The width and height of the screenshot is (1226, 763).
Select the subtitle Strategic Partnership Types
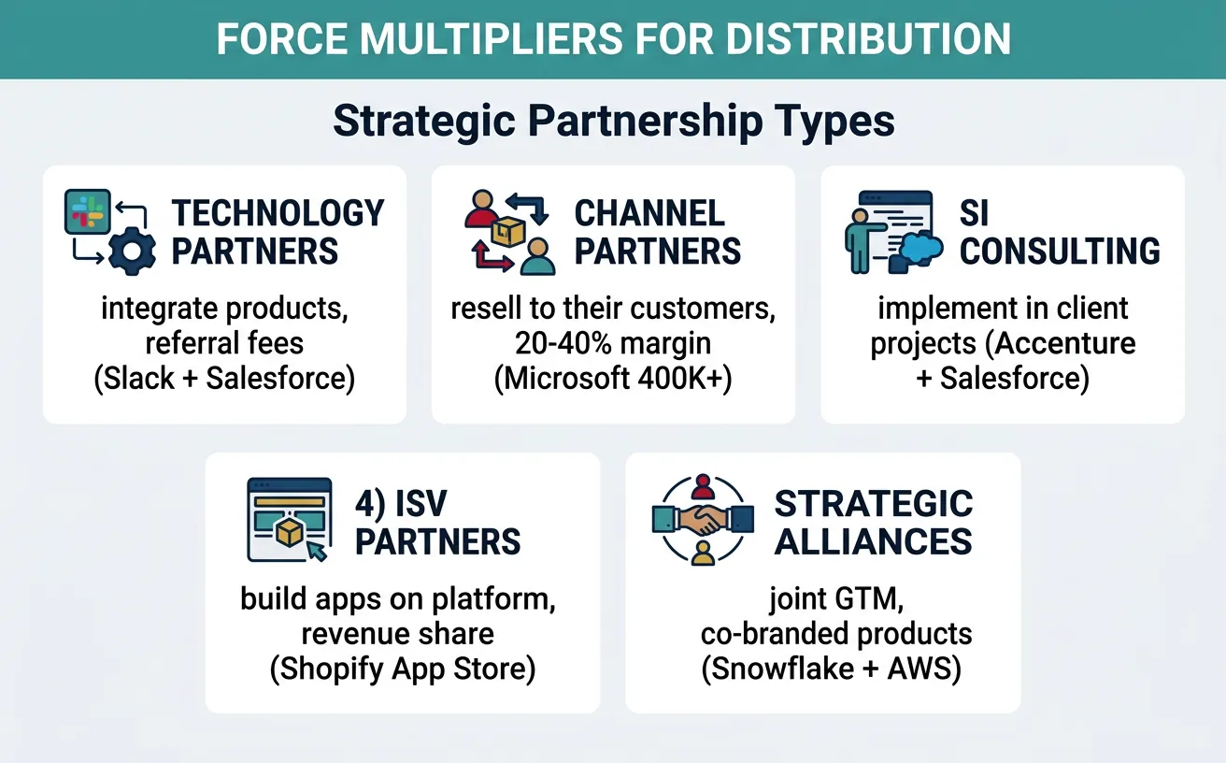613,122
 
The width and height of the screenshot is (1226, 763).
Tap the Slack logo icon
87,212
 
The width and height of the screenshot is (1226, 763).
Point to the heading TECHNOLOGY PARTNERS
278,232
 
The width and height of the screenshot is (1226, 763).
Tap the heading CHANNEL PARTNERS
657,232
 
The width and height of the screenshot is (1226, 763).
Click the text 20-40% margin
612,344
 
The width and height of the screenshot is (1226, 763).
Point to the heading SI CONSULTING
1060,232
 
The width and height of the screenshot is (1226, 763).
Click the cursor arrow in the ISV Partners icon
316,551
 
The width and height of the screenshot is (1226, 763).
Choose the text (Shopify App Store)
402,671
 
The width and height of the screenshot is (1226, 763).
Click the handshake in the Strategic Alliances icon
703,520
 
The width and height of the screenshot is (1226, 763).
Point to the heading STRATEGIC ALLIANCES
874,522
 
